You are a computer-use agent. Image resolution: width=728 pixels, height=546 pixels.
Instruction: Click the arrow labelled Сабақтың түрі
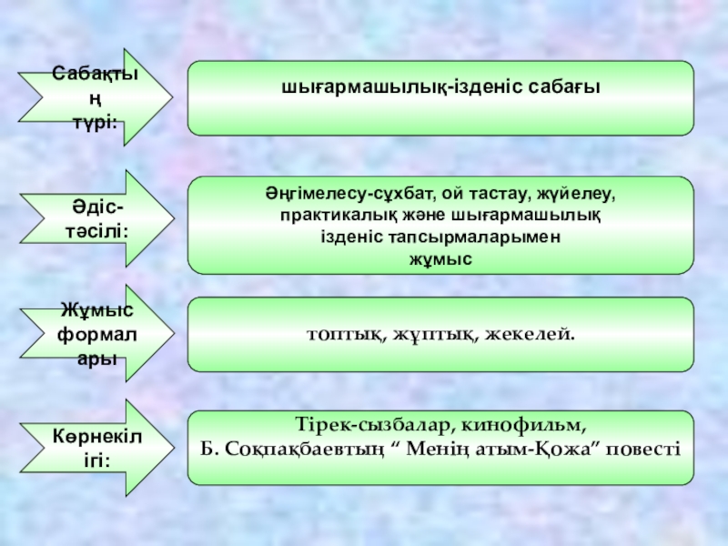click(96, 95)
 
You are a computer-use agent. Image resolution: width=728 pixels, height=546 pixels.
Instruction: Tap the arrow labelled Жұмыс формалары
click(96, 333)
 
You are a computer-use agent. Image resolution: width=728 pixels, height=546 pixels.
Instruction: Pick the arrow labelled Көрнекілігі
click(96, 446)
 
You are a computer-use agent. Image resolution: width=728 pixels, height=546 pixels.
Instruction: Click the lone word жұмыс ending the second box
click(440, 258)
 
